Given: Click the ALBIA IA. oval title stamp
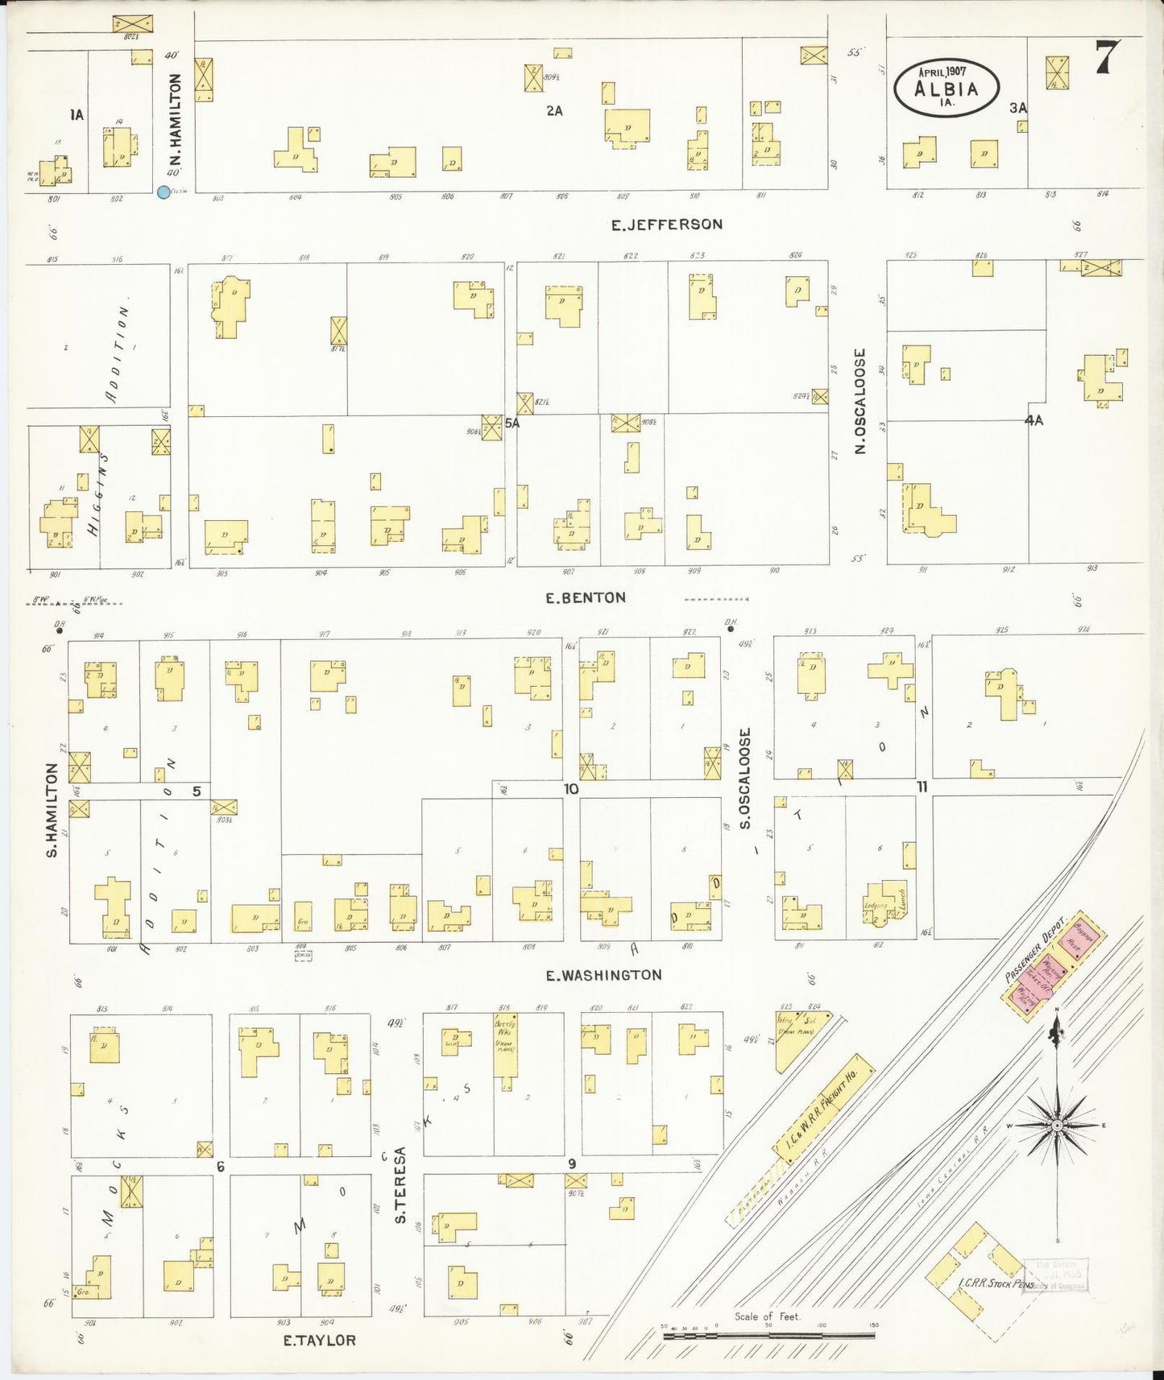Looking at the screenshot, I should [947, 88].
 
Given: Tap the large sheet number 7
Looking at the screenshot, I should [1108, 57].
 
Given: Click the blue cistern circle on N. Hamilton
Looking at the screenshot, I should [164, 192].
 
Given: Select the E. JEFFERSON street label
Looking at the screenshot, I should [666, 225].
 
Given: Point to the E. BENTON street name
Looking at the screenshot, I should [585, 598].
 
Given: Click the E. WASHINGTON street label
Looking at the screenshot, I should [603, 976].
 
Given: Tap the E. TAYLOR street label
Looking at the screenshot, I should [319, 1341].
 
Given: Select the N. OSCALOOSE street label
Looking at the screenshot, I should [860, 401].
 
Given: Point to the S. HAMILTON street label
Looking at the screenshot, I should [52, 809].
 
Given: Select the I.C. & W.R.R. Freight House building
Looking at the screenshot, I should [824, 1109].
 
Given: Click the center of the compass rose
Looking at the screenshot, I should [1056, 1125].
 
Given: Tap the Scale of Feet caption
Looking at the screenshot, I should [767, 1316].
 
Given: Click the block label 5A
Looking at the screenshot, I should [512, 424].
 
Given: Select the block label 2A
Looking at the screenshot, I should [554, 111].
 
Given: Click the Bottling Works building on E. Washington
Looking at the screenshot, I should [505, 1045].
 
